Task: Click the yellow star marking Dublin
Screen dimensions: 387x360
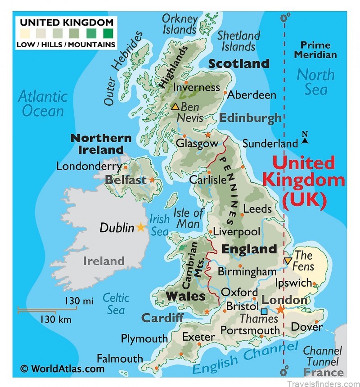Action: [x=141, y=227]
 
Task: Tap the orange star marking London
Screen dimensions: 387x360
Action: [x=280, y=309]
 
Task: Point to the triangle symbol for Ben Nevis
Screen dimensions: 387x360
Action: [x=175, y=107]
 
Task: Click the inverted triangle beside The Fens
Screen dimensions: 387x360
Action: [x=288, y=261]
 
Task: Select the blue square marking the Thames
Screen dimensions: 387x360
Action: [x=264, y=311]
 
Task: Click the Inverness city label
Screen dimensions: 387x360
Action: [x=197, y=87]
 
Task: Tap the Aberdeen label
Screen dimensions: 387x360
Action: [x=252, y=95]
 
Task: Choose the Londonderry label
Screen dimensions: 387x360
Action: [x=89, y=166]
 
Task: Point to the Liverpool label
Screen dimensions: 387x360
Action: [x=236, y=232]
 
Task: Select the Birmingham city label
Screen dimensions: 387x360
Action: [x=247, y=272]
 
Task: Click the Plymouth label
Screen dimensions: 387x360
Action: [x=144, y=338]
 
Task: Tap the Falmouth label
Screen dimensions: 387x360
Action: [x=120, y=359]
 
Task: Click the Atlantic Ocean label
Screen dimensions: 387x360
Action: [x=43, y=103]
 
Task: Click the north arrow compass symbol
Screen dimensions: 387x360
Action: [x=305, y=138]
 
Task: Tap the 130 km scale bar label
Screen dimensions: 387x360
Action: [x=56, y=319]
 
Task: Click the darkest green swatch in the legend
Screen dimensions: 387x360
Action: [x=108, y=33]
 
